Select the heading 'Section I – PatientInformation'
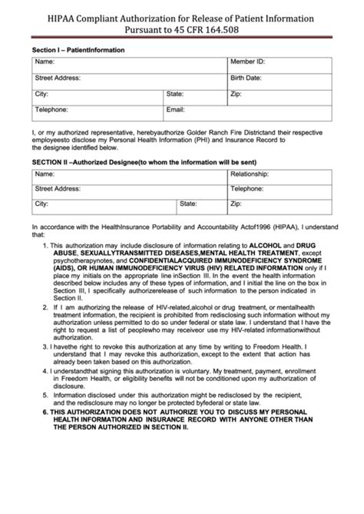click(x=78, y=49)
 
